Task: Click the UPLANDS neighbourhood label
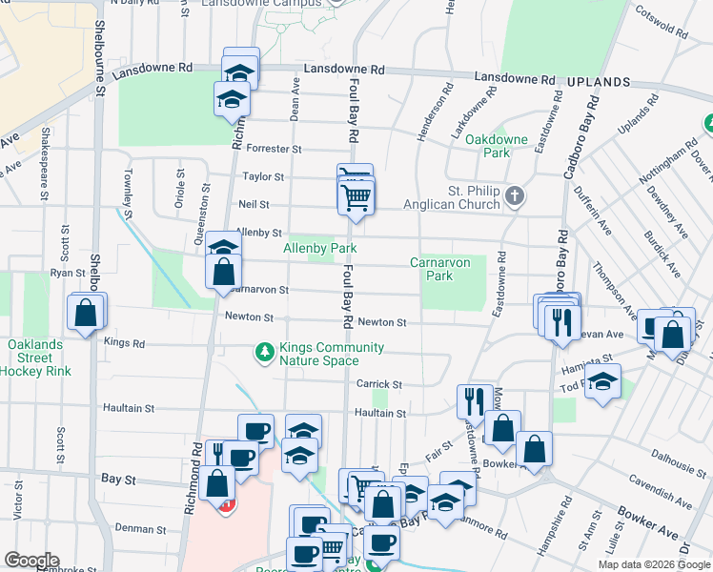(x=598, y=83)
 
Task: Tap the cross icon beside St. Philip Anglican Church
(x=515, y=196)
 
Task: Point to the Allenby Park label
(x=320, y=248)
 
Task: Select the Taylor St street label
(x=263, y=176)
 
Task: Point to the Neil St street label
(x=254, y=205)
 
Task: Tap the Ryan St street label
(x=68, y=273)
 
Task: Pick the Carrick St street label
(x=379, y=384)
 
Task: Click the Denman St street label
(x=141, y=527)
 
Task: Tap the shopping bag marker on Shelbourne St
(x=86, y=313)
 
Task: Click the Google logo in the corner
(x=31, y=561)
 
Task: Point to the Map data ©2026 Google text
(x=653, y=564)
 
